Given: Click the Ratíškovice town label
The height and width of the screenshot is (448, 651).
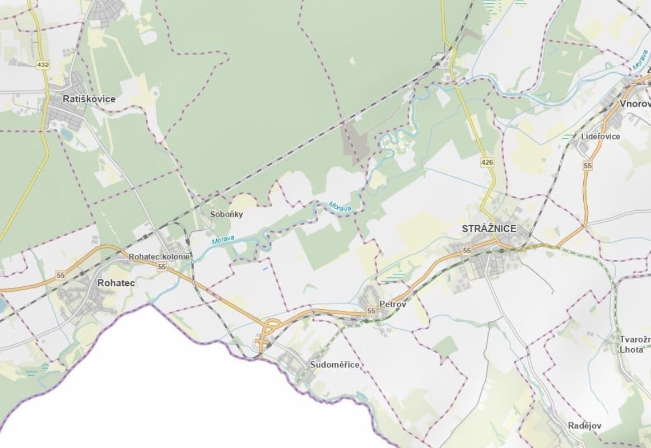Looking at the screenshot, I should coord(89,99).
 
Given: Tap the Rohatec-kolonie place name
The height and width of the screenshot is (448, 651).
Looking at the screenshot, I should coord(160,256).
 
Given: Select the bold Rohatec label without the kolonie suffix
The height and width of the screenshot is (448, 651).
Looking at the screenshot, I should coord(116,283).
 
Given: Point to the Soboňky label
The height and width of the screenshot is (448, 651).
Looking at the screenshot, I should coord(226,214).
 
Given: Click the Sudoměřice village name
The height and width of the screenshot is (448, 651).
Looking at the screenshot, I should coord(334,365).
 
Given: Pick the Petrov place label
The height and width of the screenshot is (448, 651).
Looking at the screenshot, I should coord(392,304).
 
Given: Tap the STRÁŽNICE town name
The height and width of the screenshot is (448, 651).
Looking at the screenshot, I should coord(489,228).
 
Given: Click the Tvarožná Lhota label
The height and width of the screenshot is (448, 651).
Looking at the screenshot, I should coord(635,344).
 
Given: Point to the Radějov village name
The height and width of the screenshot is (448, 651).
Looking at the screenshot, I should coord(584,426).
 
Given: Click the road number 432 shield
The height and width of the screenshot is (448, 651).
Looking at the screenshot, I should coord(43,65).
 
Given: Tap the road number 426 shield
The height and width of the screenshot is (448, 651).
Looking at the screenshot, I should coord(487,162).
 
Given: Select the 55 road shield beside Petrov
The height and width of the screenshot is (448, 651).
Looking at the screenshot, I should coord(371,310).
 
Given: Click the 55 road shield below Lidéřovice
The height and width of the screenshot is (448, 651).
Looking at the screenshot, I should coord(587,165).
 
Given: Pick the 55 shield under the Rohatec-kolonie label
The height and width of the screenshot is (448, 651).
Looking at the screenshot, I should coord(162,267).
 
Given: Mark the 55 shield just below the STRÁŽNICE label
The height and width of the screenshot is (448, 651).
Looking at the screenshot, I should coord(467,250).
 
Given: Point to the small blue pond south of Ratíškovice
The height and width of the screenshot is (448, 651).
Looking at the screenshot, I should coord(67,134).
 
